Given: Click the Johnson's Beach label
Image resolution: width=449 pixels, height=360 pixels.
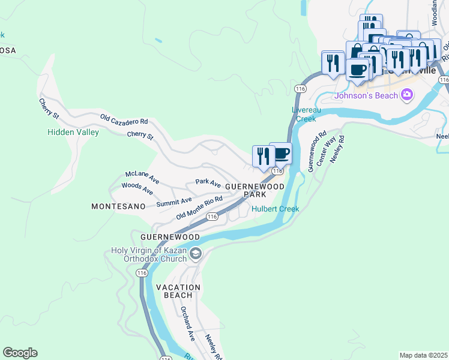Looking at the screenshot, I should [x=367, y=95].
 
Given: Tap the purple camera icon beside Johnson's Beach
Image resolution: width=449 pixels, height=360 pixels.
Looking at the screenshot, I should [x=407, y=94].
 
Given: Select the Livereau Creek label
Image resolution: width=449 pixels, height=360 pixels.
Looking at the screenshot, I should [x=304, y=114].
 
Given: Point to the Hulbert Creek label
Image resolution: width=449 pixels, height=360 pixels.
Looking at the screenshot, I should [x=275, y=209].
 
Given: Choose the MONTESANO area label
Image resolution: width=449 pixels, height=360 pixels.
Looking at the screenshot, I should [x=118, y=206].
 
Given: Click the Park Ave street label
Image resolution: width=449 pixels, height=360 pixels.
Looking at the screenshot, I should [x=208, y=182].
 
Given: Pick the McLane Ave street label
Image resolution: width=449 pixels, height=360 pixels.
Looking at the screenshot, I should [x=142, y=176].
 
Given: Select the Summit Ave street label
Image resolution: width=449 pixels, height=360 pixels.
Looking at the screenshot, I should [x=173, y=202].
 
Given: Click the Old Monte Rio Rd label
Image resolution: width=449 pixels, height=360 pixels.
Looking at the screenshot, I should [x=199, y=208].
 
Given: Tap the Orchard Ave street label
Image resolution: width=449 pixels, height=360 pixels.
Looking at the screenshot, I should [x=188, y=325].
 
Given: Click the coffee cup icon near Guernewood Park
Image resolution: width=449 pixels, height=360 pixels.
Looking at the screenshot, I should [x=280, y=154].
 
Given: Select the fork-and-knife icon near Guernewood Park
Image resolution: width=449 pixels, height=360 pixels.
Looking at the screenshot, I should [x=264, y=156].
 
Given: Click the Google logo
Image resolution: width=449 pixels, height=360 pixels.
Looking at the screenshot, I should [x=20, y=353].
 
